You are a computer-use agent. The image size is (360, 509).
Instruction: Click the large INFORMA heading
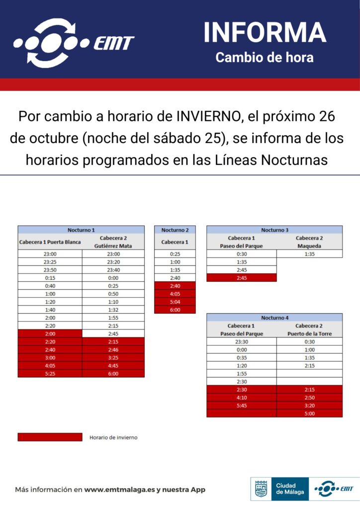point(265,33)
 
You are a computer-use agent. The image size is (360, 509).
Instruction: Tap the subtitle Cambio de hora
point(265,57)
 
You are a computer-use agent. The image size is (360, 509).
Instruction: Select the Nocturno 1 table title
point(81,230)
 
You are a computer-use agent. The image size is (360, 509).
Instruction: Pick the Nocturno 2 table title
point(175,230)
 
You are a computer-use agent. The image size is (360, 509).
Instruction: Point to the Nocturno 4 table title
point(274,318)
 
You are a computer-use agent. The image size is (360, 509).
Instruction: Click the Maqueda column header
point(309,246)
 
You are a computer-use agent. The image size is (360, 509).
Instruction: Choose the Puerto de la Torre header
point(309,334)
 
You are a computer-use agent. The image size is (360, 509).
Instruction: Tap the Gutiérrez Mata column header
point(113,246)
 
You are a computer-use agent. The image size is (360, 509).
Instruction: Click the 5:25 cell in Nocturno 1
point(50,373)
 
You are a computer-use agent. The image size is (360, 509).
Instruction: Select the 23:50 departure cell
point(50,270)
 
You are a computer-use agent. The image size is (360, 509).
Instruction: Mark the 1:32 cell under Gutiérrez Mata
point(113,310)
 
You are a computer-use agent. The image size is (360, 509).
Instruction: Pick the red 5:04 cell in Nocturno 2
point(175,302)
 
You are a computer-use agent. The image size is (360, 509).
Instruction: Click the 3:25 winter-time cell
point(113,357)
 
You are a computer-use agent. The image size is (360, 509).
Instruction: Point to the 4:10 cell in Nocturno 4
point(241,397)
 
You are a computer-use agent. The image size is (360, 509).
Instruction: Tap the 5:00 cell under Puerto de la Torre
point(309,413)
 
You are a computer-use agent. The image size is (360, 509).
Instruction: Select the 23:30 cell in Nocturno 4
point(241,341)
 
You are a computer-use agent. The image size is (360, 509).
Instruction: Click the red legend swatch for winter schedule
point(50,437)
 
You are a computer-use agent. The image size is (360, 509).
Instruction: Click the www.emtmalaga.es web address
point(119,490)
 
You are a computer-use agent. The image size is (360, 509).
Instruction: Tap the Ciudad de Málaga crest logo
point(261,489)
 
